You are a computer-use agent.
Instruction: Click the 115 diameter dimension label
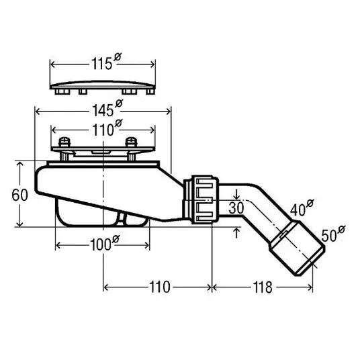pos(106,62)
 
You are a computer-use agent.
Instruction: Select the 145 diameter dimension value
pos(107,109)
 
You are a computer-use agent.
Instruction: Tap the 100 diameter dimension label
pos(105,244)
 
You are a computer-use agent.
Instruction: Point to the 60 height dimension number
pos(19,195)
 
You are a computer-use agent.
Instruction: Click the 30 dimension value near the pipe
pos(236,208)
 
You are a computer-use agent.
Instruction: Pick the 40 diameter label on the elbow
pos(302,208)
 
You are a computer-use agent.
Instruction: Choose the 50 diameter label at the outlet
pos(333,234)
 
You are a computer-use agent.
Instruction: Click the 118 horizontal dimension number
pos(263,287)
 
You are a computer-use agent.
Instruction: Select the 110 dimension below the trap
pos(160,287)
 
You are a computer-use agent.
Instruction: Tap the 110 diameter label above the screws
pos(107,128)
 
